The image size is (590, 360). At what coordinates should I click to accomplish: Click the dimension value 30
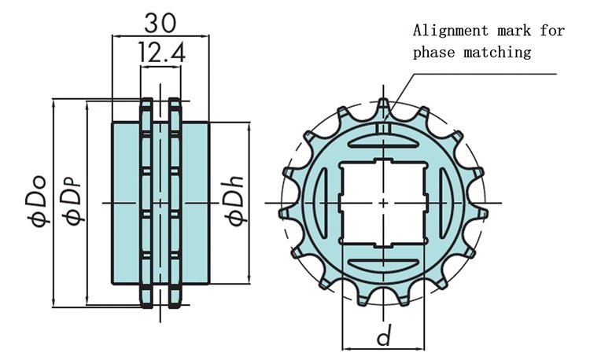(160, 23)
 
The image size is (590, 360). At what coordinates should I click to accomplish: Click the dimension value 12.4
(162, 52)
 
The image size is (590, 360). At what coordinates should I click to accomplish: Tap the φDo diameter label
(39, 201)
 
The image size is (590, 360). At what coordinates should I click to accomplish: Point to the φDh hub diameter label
(235, 201)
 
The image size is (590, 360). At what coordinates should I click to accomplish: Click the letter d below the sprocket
(384, 335)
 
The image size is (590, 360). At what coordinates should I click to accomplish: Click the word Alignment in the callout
(451, 31)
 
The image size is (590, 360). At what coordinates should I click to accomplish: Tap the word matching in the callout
(497, 51)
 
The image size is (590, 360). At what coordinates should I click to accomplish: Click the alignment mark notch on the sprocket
(382, 128)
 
